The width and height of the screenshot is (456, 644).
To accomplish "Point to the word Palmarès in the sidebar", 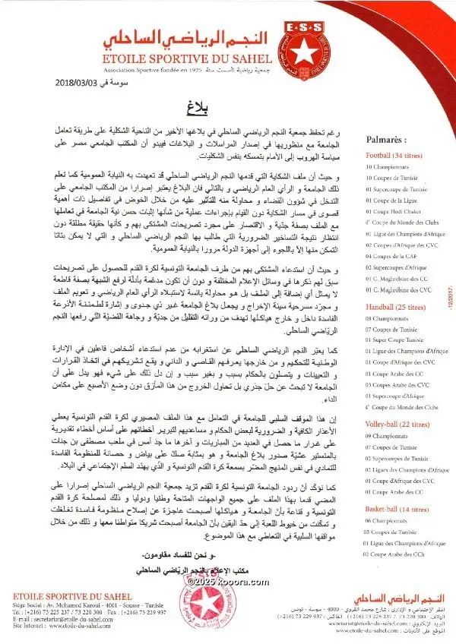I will point(385,140).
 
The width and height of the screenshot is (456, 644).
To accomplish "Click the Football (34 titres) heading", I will point(394,155).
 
